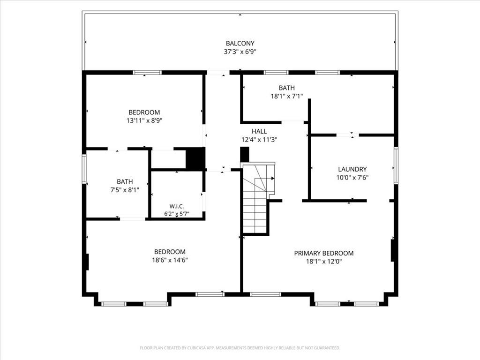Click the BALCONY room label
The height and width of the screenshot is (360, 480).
240,44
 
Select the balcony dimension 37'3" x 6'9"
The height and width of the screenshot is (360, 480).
240,52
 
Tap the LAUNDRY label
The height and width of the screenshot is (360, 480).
352,169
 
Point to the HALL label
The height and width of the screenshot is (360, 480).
259,131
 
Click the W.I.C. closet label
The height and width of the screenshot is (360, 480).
177,206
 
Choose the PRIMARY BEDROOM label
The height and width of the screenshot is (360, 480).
324,253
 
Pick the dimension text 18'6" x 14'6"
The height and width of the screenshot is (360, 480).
170,260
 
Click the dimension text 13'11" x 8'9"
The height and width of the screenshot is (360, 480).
144,120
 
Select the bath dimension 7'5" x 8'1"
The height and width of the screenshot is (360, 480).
125,190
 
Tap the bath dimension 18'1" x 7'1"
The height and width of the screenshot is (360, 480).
287,96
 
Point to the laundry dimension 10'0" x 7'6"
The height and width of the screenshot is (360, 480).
352,177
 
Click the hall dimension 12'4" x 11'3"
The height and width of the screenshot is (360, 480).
259,140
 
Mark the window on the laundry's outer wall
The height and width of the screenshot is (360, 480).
396,165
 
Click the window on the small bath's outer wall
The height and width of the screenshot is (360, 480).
84,169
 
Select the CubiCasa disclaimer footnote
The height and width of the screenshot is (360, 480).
240,348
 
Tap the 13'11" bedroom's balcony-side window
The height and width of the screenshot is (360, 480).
147,73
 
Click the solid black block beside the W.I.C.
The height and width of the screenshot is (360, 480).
195,158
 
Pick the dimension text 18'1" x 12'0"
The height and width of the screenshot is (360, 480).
324,262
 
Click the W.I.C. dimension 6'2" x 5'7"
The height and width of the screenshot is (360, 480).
177,214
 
